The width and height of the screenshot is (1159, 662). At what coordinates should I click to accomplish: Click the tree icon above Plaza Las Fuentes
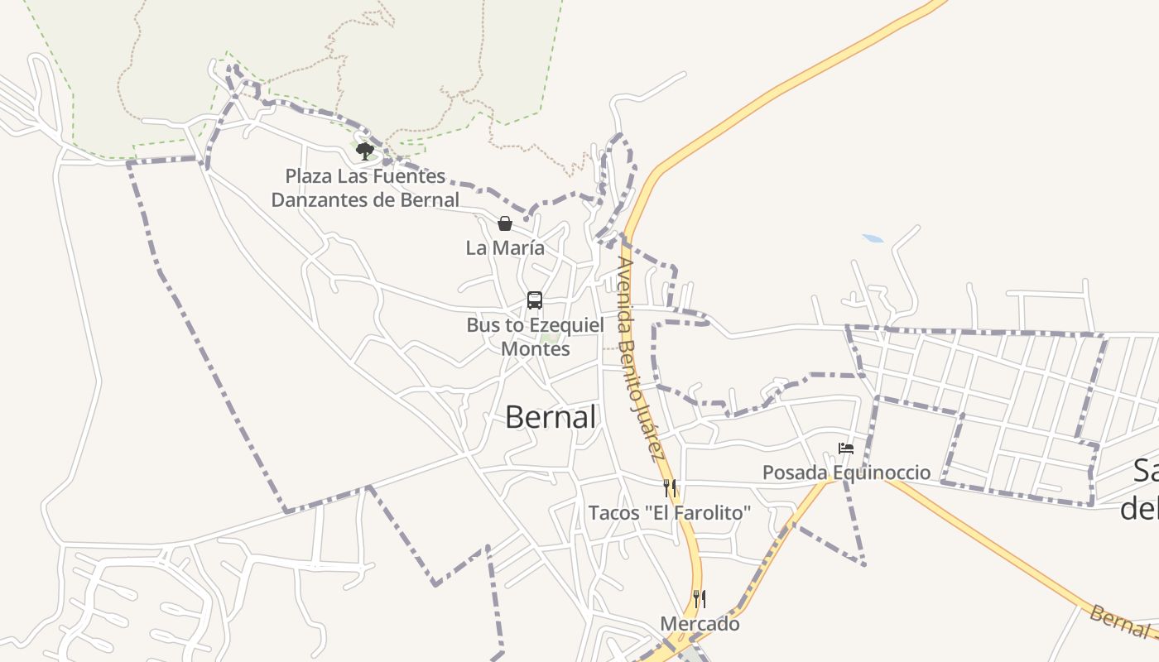coord(365,151)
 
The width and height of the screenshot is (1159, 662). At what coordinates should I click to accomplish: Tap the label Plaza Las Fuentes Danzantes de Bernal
coord(365,188)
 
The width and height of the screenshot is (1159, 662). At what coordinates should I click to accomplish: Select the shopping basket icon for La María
coord(505,223)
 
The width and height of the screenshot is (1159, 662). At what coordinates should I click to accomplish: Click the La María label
coord(505,247)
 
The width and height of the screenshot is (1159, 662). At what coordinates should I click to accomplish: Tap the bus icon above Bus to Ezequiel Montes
coord(535,300)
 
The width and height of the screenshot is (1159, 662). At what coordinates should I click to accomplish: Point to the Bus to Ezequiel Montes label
coord(535,337)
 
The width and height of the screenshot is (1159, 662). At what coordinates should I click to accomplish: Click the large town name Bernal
coord(551,417)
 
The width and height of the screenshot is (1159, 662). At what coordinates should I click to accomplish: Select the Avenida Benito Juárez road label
coord(640,357)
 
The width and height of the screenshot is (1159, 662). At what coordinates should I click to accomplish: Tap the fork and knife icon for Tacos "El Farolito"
coord(670,488)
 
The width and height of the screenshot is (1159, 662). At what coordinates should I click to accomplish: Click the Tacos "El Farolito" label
coord(670,513)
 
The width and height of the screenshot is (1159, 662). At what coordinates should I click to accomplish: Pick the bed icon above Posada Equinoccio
coord(846,449)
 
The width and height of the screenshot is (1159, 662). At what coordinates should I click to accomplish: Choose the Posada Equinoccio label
coord(846,473)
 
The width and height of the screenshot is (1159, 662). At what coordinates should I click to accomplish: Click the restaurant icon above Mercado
coord(700,599)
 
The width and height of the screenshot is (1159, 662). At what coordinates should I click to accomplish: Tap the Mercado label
coord(700,624)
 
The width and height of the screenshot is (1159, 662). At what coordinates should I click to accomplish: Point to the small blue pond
coord(873,239)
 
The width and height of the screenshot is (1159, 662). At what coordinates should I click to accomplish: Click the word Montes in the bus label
coord(535,348)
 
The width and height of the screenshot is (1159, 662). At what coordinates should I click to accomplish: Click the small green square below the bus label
coord(549,337)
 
